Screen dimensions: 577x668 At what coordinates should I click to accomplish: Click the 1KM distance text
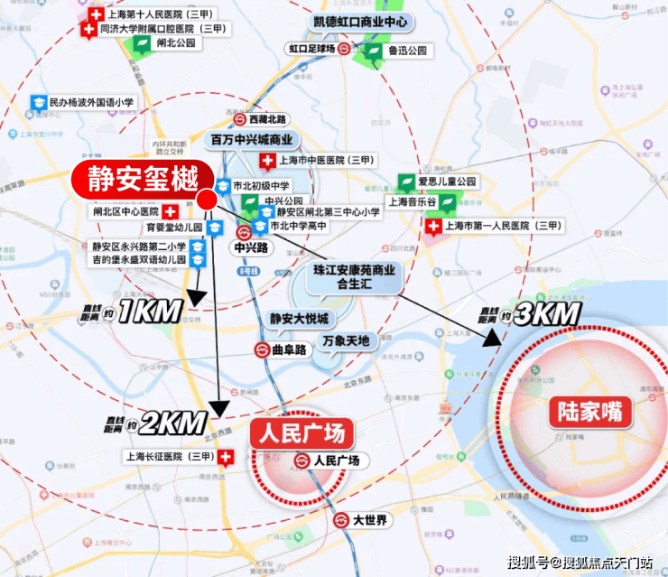tap(150, 312)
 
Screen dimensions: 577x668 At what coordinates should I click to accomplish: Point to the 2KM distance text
tap(173, 422)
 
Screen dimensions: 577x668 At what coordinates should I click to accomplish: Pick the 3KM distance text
tap(545, 315)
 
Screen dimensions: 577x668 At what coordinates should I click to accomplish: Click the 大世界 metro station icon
tap(342, 520)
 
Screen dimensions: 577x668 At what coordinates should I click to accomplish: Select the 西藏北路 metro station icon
tap(240, 119)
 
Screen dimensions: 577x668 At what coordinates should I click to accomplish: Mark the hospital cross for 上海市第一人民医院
tap(433, 225)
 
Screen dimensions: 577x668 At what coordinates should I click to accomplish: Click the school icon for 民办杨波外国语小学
tap(39, 104)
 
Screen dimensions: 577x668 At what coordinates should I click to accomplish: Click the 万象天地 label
tap(346, 340)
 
